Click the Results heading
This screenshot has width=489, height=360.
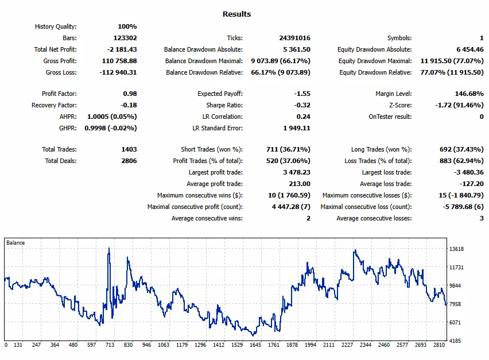pos(236,14)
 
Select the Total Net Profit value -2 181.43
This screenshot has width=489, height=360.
pos(122,49)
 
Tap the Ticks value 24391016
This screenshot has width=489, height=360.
pos(294,38)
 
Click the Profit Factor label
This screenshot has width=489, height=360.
pos(59,94)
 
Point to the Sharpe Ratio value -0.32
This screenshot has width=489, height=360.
pos(302,105)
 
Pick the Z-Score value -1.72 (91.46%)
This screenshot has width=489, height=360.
pos(459,105)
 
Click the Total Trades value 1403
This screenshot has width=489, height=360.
pos(129,149)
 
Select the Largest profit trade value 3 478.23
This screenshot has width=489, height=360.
pos(297,172)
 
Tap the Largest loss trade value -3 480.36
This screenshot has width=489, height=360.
pos(469,172)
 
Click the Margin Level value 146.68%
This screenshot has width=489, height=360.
pos(469,94)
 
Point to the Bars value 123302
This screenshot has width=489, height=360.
pos(125,38)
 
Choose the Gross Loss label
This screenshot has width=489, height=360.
pos(61,72)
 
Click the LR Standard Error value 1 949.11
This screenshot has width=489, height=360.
pos(297,128)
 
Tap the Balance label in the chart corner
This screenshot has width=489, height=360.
pos(15,243)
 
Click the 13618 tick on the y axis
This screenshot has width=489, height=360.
pos(456,249)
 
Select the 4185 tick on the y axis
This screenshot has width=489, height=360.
pos(455,340)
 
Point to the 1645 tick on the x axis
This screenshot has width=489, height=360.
pos(255,344)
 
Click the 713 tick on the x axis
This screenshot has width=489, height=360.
pos(110,344)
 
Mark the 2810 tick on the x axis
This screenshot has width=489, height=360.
pos(439,344)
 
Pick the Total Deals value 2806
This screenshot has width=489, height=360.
pos(129,161)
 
